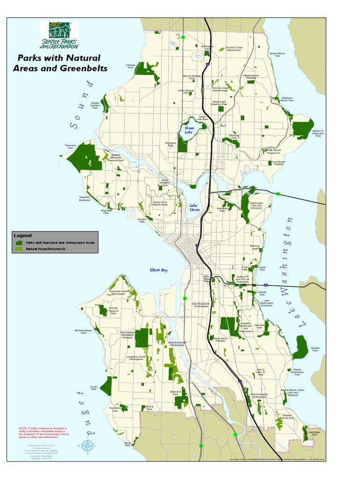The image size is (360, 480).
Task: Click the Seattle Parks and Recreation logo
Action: (59, 35)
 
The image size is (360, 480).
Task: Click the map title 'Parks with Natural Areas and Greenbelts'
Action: (60, 63)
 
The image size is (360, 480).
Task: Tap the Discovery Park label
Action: (70, 147)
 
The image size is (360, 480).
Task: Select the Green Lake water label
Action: (189, 130)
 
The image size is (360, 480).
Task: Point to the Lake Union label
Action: (195, 208)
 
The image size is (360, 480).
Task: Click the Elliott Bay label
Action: (158, 270)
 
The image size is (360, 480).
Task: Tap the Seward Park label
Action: (315, 349)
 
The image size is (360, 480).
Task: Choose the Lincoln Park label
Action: (94, 388)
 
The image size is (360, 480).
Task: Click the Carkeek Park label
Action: (131, 66)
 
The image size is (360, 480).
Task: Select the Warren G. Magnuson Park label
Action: (318, 133)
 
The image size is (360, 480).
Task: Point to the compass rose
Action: (87, 446)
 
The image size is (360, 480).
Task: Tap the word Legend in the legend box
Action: (23, 235)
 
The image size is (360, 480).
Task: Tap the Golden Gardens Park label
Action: (95, 105)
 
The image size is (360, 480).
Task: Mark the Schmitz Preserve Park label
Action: (113, 311)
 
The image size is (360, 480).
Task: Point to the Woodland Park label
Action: (170, 144)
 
